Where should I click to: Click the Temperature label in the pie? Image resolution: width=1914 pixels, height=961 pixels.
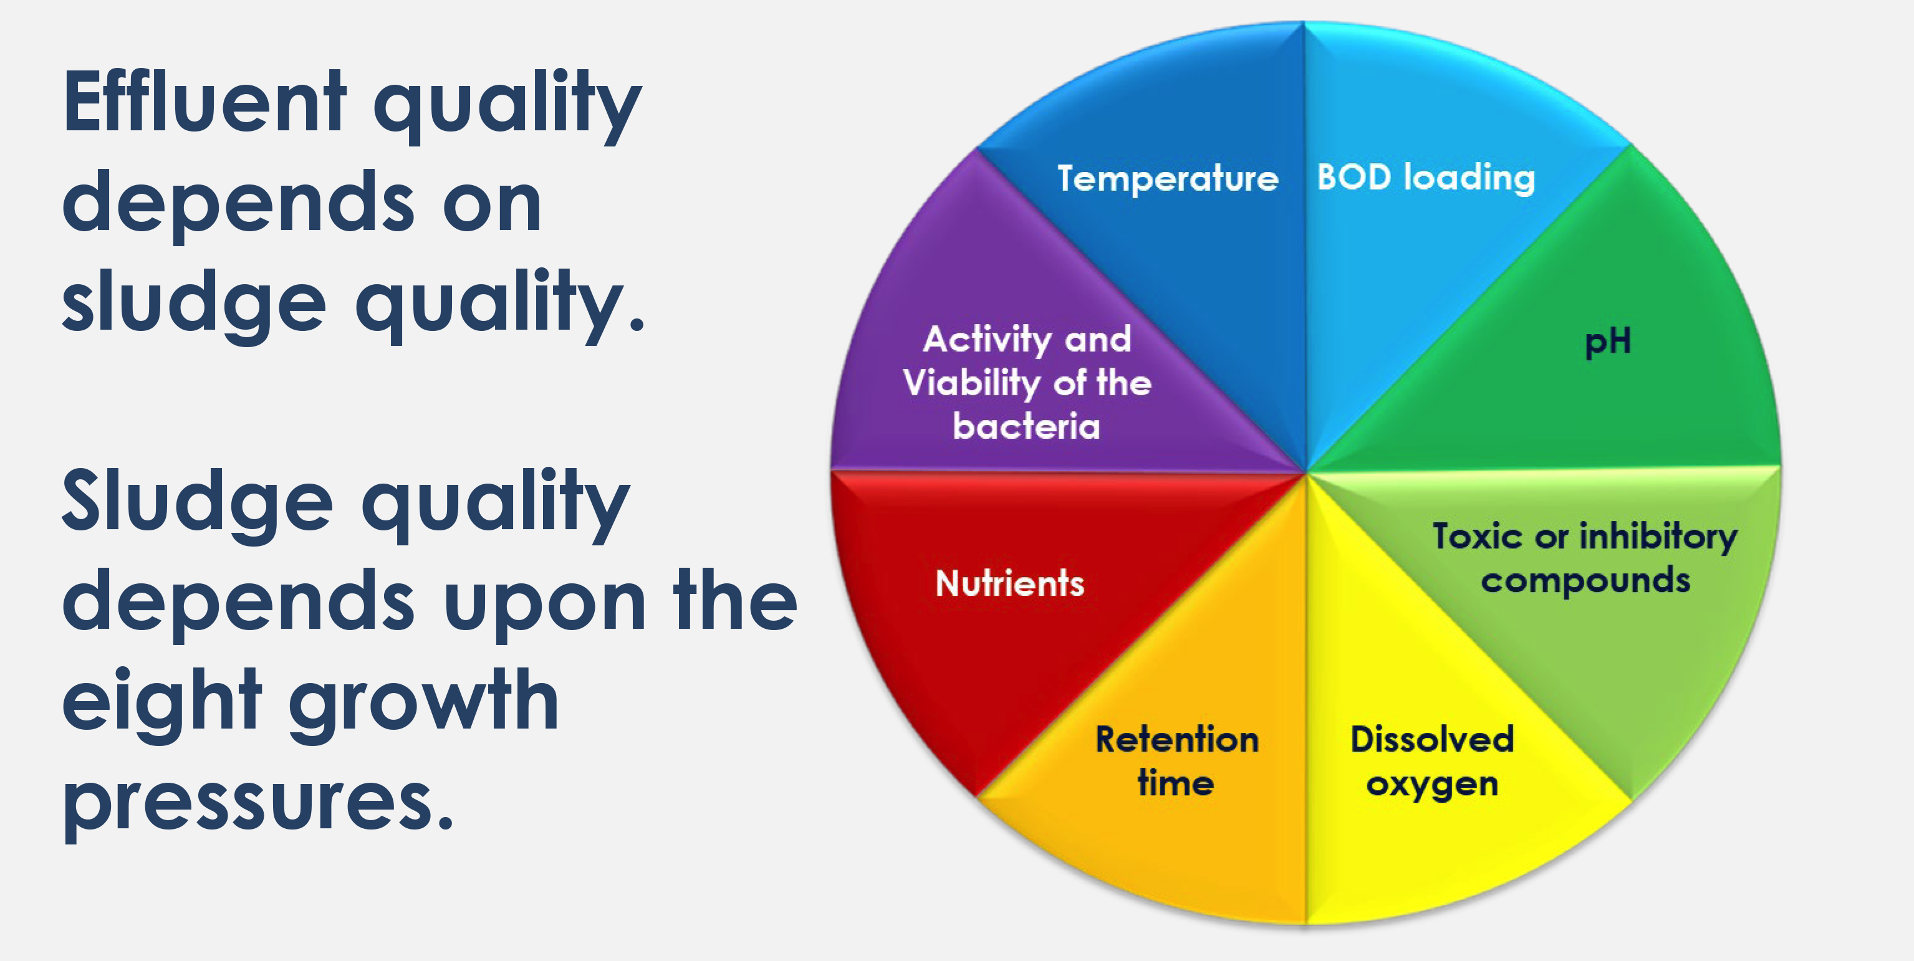(x=1168, y=178)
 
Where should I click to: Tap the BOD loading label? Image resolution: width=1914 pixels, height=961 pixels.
(x=1426, y=178)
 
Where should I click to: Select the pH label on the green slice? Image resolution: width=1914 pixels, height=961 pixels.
(x=1608, y=342)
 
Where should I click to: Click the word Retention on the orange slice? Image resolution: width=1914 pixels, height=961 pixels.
(x=1177, y=740)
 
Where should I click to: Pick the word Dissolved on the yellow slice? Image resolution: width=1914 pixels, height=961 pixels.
(x=1432, y=740)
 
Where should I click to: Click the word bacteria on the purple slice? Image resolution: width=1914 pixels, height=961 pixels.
(x=1026, y=426)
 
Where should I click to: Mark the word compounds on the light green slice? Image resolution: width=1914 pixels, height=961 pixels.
(x=1585, y=581)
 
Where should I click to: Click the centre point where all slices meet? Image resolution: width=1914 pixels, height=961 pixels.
(x=1306, y=472)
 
